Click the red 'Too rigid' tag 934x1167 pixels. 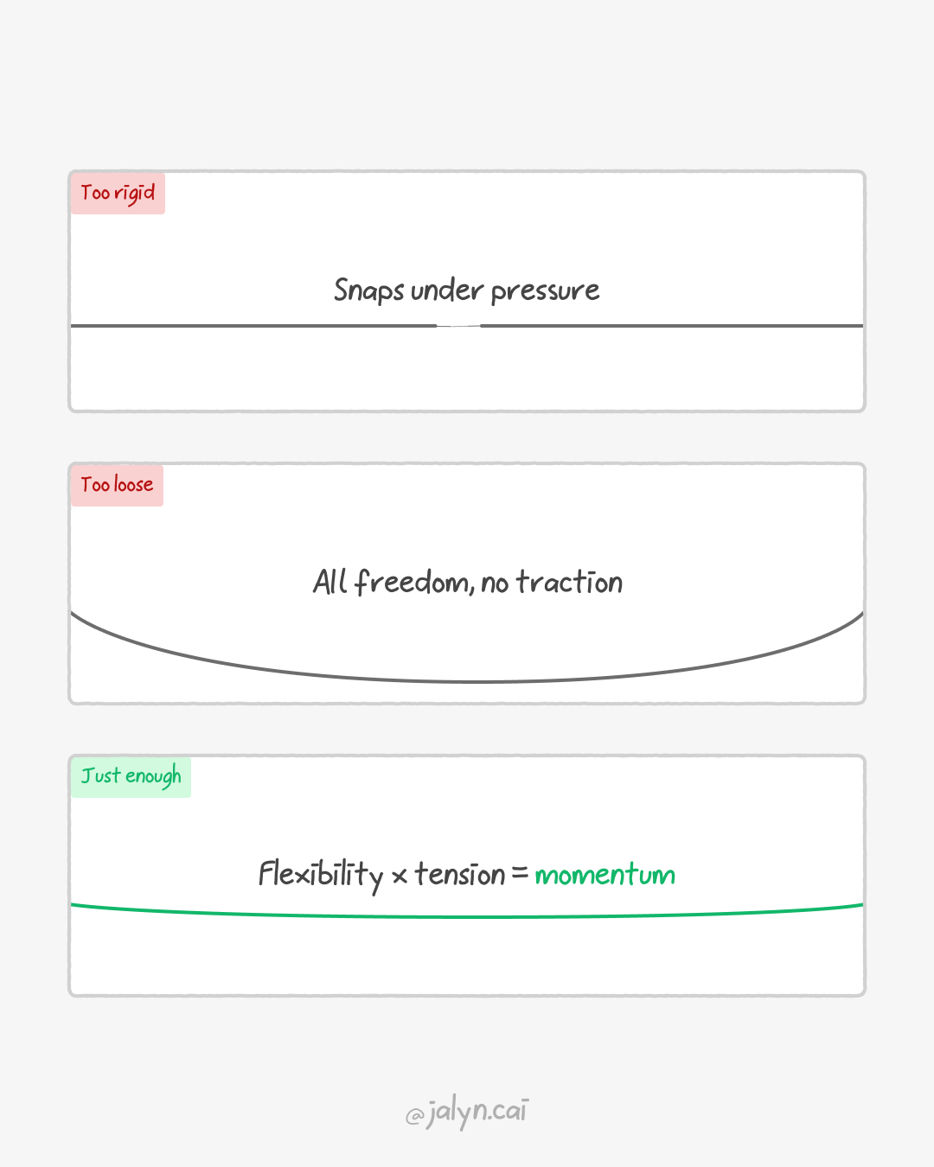pos(118,193)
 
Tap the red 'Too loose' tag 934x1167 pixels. pos(117,485)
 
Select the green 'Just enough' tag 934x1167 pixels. pos(131,776)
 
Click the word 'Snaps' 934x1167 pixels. pos(368,290)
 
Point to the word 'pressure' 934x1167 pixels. pos(545,291)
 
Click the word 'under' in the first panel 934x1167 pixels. pos(447,290)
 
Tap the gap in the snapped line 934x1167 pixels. pos(458,326)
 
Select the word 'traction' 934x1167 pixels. pos(569,582)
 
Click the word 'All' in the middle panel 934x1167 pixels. pos(329,582)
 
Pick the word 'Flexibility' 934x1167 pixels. pos(320,875)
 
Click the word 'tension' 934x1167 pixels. pos(459,874)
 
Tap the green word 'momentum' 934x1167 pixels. pos(605,875)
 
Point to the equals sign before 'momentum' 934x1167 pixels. pos(520,874)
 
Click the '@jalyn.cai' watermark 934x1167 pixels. pos(467,1112)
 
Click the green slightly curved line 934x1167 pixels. pos(467,916)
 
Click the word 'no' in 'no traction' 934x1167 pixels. pos(495,584)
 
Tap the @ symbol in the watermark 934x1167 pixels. pos(414,1116)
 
